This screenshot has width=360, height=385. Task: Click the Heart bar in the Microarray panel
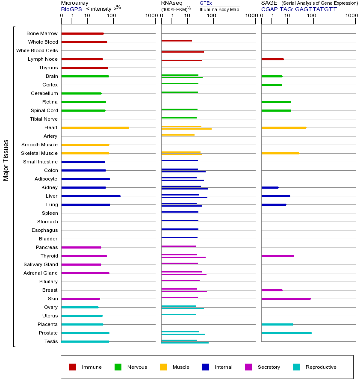click(x=95, y=127)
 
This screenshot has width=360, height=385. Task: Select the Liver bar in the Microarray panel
click(x=91, y=196)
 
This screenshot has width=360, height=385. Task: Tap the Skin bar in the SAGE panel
click(x=286, y=299)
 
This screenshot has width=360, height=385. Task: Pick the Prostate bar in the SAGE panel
click(x=286, y=333)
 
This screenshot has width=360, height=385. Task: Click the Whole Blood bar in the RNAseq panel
click(x=176, y=41)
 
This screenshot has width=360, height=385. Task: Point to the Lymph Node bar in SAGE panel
click(x=272, y=59)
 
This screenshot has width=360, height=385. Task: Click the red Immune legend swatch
click(x=73, y=367)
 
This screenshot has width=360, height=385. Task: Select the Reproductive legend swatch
click(x=296, y=367)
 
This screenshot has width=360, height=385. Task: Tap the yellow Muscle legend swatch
click(x=163, y=367)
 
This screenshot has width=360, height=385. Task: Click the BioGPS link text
click(x=71, y=9)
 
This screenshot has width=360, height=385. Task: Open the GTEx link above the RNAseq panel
click(x=206, y=3)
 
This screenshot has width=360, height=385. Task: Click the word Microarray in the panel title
click(x=75, y=3)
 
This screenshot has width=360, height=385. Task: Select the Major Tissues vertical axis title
click(x=6, y=160)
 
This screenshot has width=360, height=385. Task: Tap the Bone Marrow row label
click(x=42, y=33)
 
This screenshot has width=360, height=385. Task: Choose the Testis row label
click(x=51, y=341)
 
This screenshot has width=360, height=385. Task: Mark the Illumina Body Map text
click(x=219, y=9)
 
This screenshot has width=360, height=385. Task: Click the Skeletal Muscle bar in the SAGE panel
click(x=280, y=153)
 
